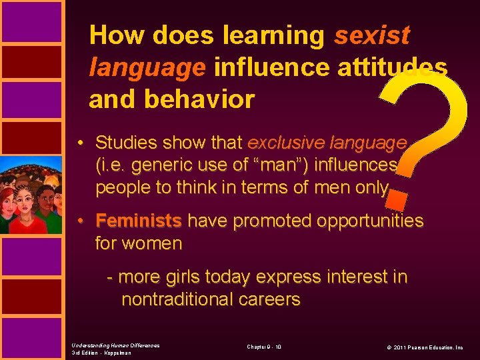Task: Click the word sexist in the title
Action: click(372, 35)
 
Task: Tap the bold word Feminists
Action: click(139, 221)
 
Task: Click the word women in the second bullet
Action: click(157, 243)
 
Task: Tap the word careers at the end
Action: click(271, 299)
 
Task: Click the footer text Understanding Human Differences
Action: click(115, 345)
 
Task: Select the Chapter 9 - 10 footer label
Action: click(264, 347)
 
